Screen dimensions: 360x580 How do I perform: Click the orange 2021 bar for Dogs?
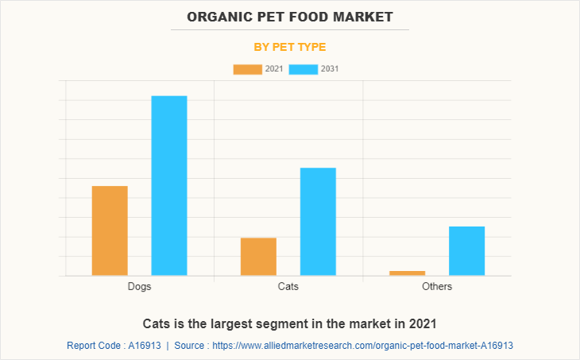[x=110, y=230]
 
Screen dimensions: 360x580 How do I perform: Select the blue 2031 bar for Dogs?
[x=169, y=186]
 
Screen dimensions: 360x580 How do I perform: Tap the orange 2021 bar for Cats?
[x=258, y=257]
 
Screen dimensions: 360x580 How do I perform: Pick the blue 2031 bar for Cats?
[x=318, y=222]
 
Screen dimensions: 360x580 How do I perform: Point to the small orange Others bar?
[x=407, y=273]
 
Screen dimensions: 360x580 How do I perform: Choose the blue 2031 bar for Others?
[x=466, y=251]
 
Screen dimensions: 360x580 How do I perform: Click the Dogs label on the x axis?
[x=139, y=286]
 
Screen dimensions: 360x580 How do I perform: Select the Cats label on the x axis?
[x=288, y=286]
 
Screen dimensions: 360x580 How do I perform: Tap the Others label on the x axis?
[x=437, y=286]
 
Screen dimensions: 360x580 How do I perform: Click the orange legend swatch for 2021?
[x=247, y=69]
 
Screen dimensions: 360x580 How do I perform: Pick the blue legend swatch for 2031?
[x=304, y=69]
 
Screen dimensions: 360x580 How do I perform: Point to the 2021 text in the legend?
[x=274, y=69]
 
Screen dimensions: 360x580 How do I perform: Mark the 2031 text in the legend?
[x=330, y=69]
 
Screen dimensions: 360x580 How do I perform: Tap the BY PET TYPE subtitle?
[x=290, y=47]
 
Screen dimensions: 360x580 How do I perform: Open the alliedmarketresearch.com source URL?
[x=365, y=346]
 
